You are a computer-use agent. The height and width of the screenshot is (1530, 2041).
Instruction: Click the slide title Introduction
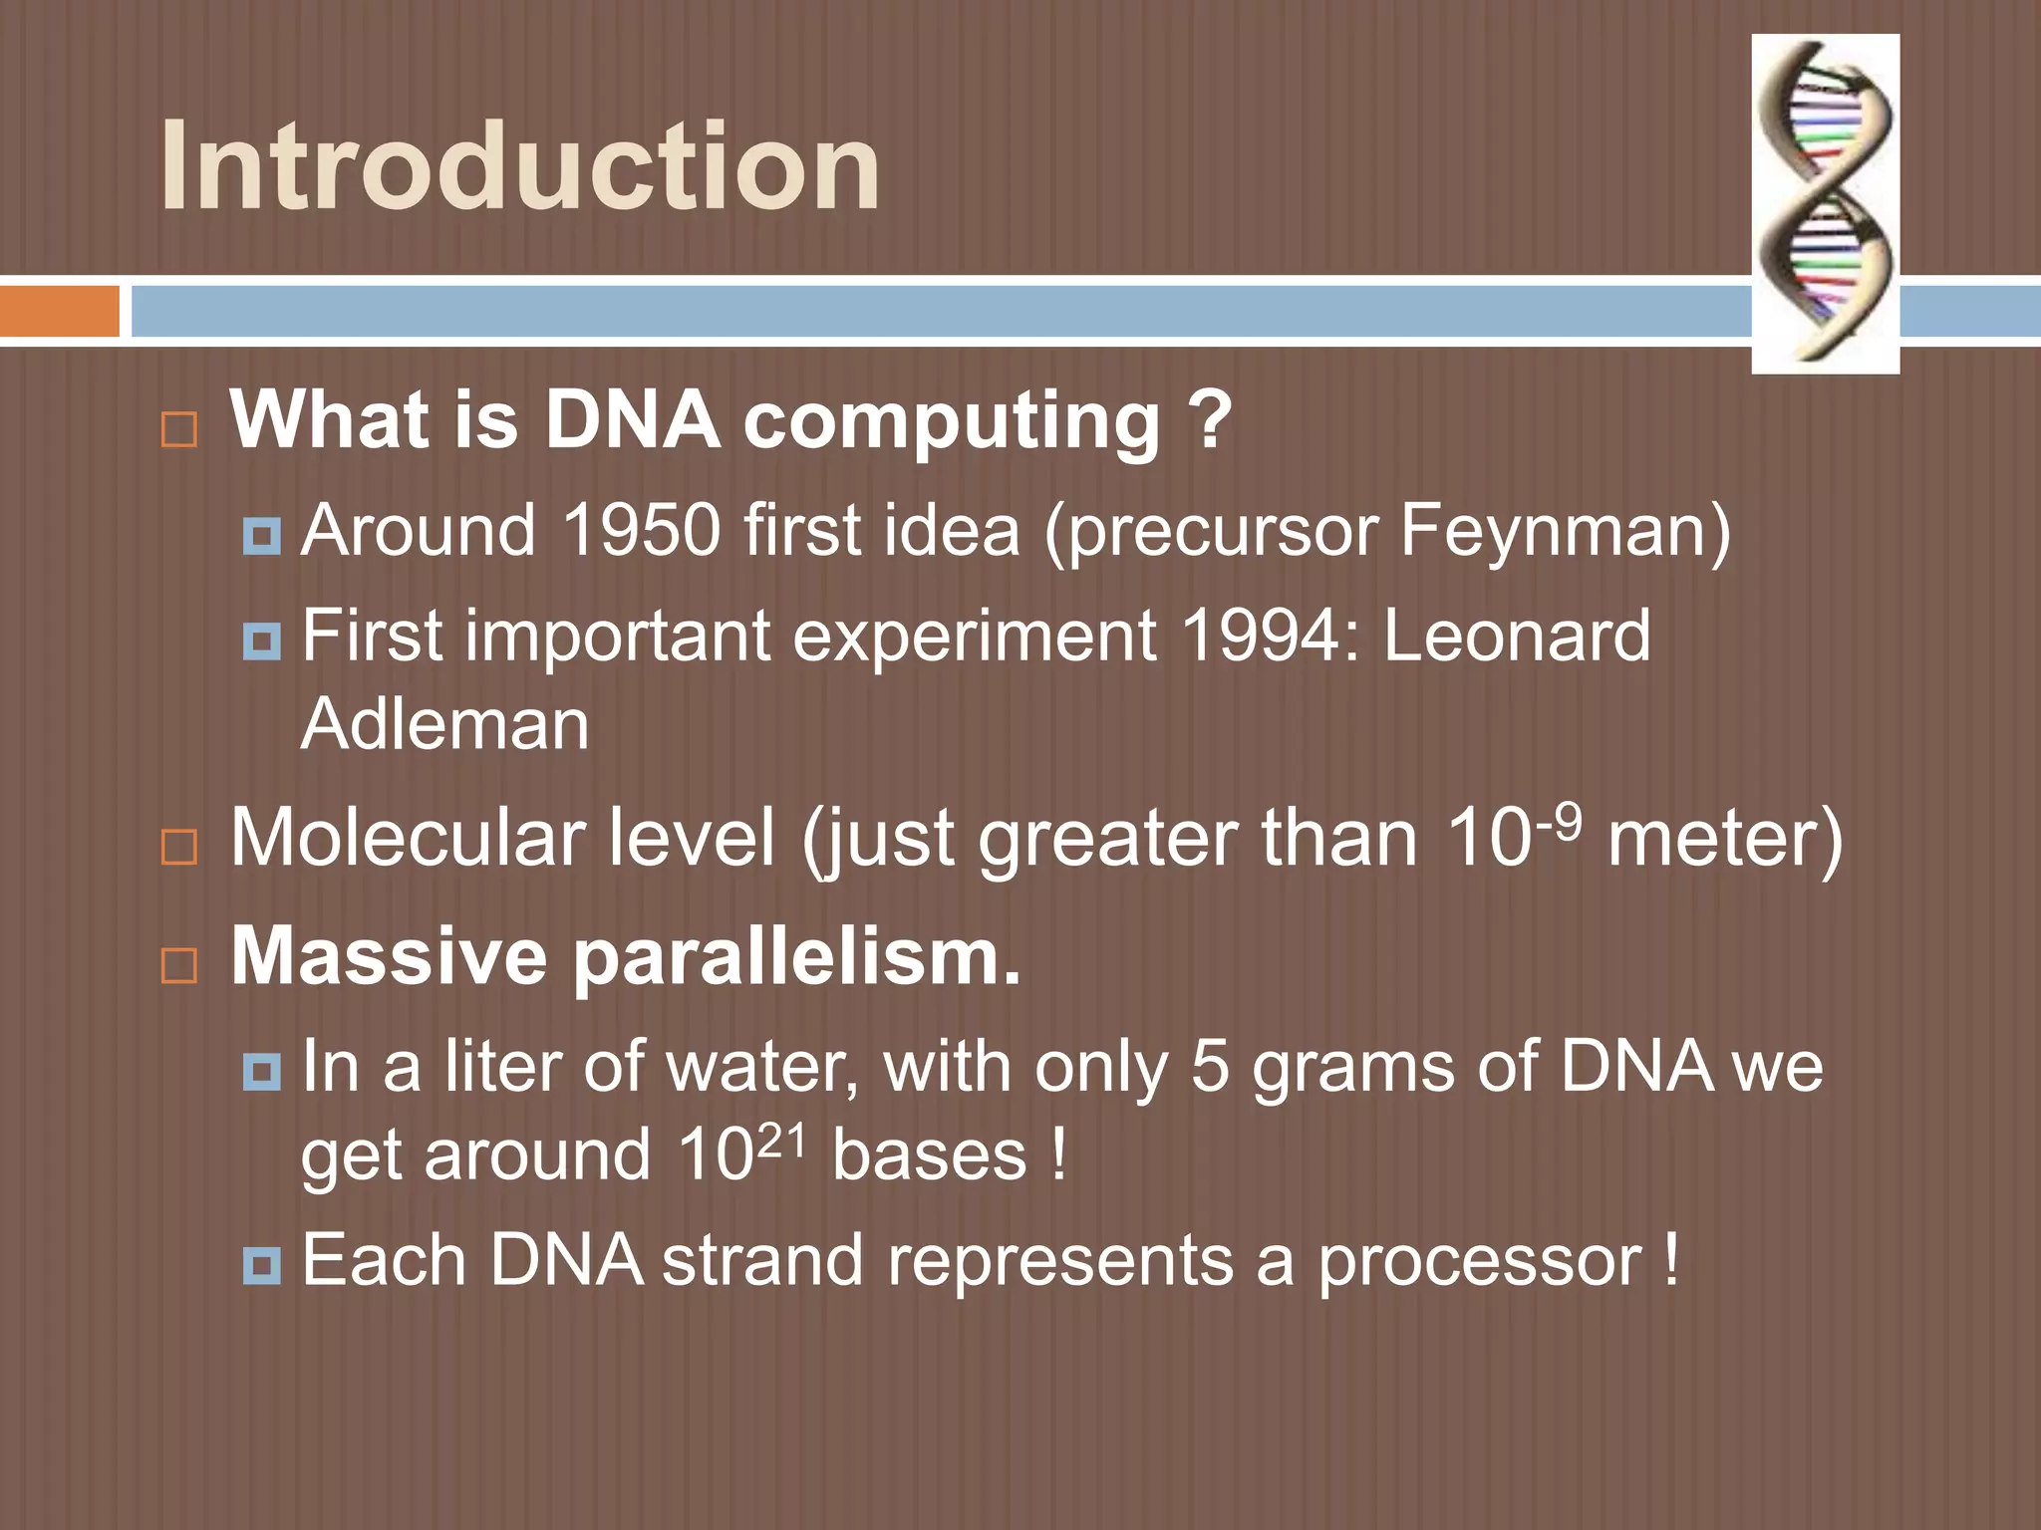tap(519, 165)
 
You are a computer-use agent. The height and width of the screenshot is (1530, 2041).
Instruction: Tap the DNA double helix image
tap(1825, 204)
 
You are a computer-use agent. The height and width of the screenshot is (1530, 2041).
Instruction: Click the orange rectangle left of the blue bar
tap(59, 311)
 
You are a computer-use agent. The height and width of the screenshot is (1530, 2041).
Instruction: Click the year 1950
tap(641, 530)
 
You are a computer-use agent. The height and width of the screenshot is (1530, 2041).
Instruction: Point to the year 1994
tap(1258, 636)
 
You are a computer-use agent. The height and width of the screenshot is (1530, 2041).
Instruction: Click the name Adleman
tap(444, 724)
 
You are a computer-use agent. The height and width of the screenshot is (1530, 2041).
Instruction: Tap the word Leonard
tap(1516, 636)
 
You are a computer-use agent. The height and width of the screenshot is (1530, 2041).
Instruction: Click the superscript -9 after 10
tap(1559, 820)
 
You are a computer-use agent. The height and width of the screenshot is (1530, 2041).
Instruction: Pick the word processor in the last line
tap(1479, 1261)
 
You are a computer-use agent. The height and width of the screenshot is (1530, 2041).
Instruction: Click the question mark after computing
tap(1211, 420)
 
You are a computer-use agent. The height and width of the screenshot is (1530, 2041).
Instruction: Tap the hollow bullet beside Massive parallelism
tap(179, 965)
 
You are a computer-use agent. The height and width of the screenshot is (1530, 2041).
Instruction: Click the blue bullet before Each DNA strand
tap(262, 1267)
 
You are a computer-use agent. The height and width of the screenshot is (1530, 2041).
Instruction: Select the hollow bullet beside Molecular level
tap(179, 847)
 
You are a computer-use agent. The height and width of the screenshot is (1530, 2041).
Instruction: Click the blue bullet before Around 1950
tap(262, 537)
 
